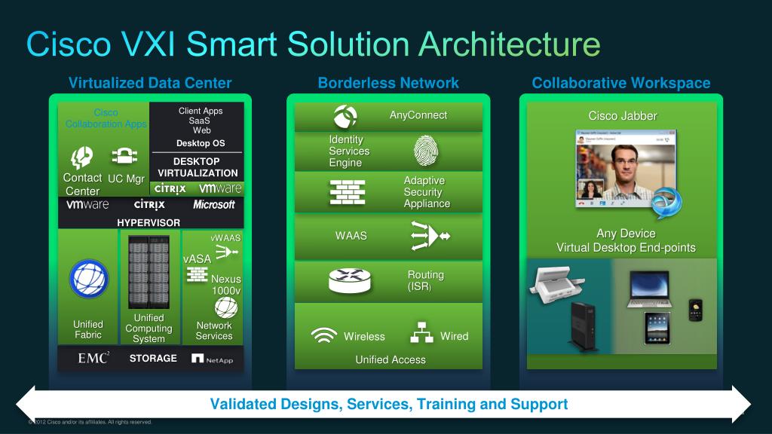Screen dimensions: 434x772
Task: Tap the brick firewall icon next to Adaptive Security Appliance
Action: (348, 193)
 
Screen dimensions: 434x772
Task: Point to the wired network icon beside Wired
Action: (419, 335)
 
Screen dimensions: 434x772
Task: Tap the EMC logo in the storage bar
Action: (93, 359)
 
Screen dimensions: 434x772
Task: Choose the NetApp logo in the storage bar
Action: (213, 359)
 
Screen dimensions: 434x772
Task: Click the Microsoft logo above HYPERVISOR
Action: (214, 204)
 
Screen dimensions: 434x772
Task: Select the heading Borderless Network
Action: (388, 83)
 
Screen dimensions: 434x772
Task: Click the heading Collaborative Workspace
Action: (621, 83)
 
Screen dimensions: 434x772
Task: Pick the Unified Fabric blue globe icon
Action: (89, 277)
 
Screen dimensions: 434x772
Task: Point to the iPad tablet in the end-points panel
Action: (657, 329)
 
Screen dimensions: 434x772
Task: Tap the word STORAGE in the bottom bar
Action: (153, 359)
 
